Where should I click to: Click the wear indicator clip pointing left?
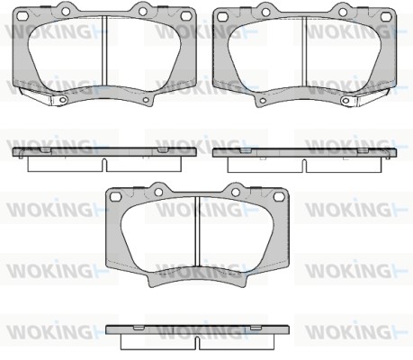pos(43,96)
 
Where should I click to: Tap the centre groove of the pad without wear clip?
pos(197,231)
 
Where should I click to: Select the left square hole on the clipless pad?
pos(115,197)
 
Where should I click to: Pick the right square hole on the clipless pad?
pos(279,197)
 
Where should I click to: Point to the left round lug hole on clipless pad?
pos(158,192)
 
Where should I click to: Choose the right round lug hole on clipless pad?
pos(236,192)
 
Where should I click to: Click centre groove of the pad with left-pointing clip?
pos(104,50)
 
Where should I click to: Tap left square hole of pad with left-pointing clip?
pos(22,16)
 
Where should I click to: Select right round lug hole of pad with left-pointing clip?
pos(143,12)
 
